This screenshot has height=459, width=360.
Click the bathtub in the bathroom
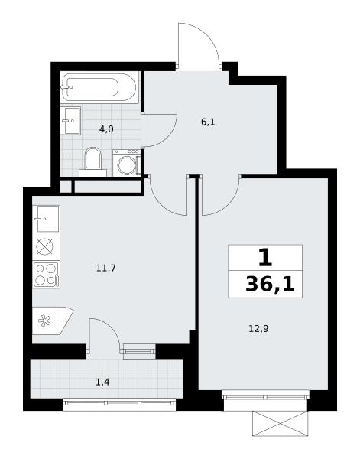pos(99,87)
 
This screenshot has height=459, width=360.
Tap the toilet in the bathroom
pos(92,161)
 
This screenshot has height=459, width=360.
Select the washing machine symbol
pos(127,163)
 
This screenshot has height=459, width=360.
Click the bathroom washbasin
pos(70,120)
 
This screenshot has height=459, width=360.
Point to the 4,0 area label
pos(106,129)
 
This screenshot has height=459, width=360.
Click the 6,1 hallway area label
pos(208,122)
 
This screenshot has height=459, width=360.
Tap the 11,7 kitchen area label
pos(106,268)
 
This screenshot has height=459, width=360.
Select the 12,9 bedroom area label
pos(258,329)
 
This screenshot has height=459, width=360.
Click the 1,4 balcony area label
pos(102,382)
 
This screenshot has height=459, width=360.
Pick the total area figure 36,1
pos(270,285)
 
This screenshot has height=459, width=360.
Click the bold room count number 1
pos(265,258)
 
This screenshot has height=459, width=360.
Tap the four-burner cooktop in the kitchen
pos(46,275)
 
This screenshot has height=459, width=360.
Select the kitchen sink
pos(46,219)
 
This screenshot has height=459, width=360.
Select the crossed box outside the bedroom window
pos(281,423)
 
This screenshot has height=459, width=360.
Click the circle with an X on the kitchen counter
pos(45,246)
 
